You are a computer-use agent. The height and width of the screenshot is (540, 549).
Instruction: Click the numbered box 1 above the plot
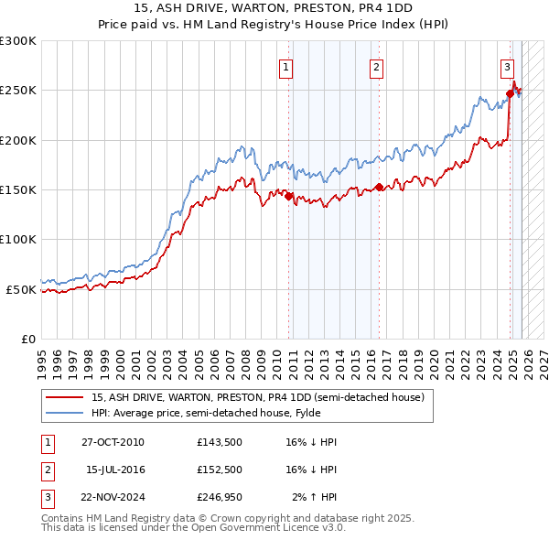click(x=286, y=66)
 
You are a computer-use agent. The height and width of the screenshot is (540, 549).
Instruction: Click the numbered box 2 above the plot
click(x=376, y=66)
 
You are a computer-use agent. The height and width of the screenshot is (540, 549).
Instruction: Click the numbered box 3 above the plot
click(x=507, y=66)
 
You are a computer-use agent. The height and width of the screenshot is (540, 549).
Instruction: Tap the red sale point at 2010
click(x=288, y=196)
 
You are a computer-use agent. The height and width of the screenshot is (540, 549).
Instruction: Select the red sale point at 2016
click(x=378, y=188)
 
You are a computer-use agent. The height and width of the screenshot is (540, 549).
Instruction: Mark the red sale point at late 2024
click(x=510, y=93)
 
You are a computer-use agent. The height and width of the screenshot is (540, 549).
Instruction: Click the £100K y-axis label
click(x=18, y=239)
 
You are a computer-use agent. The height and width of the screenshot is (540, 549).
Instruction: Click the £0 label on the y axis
click(x=27, y=339)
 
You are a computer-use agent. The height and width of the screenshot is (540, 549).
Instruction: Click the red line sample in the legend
click(x=64, y=398)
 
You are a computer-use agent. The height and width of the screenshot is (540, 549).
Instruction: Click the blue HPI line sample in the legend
click(x=64, y=412)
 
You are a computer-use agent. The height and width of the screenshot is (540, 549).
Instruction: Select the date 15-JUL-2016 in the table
click(x=116, y=470)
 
